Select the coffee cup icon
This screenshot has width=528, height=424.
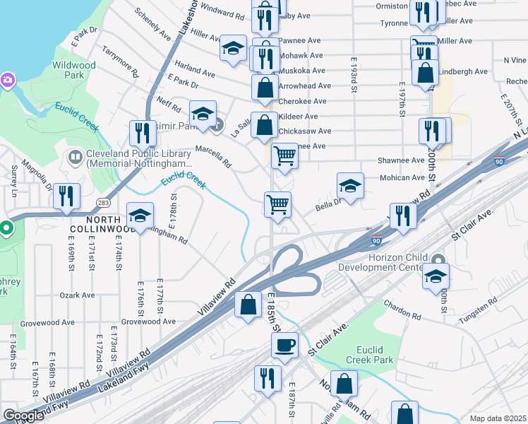click(x=284, y=346)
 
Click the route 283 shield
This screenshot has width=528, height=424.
click(x=104, y=204)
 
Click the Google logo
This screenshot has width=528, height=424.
click(x=24, y=416)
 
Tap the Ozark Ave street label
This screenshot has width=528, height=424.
click(x=78, y=295)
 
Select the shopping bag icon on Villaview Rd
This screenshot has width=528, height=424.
click(x=248, y=305)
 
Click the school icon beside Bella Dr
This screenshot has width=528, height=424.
click(x=349, y=186)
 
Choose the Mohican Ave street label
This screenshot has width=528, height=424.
click(x=402, y=178)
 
